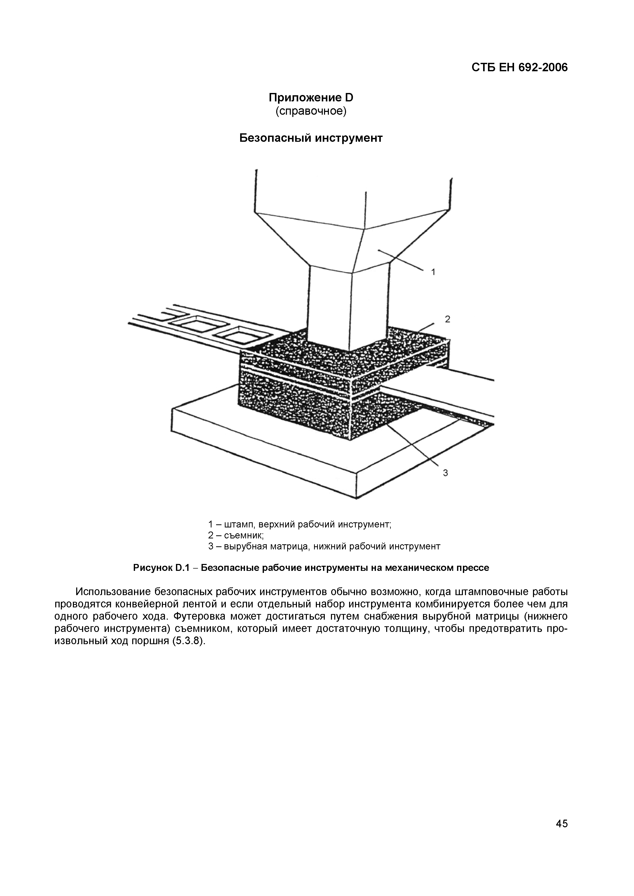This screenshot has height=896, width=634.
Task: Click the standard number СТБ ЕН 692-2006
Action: [x=519, y=67]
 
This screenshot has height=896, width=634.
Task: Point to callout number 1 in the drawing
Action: [x=433, y=272]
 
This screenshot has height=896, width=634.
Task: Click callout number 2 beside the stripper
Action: [x=448, y=319]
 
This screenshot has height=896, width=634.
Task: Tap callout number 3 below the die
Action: [x=445, y=473]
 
